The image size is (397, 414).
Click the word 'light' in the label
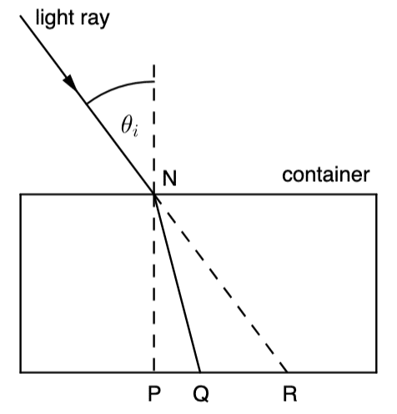point(55,18)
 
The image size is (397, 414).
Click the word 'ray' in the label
point(95,20)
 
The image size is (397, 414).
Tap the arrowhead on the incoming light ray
point(70,83)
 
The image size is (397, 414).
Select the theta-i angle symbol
point(129,126)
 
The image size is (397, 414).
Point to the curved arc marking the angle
point(117,87)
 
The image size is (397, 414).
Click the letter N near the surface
point(169,178)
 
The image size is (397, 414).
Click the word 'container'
point(326,175)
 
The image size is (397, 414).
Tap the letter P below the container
point(154,393)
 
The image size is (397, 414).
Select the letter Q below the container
point(201,394)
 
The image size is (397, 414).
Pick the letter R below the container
point(290,393)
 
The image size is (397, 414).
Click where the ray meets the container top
point(154,194)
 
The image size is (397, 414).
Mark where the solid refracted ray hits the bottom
point(200,372)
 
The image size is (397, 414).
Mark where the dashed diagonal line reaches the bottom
point(287,372)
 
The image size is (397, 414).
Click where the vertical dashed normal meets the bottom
point(154,372)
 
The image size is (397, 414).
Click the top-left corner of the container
point(20,194)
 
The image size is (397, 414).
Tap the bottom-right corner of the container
point(377,372)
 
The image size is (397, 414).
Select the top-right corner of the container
point(377,194)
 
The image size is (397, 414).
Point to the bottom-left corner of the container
point(20,372)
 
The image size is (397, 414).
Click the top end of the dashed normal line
point(154,65)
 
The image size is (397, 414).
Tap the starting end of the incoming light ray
point(20,16)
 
